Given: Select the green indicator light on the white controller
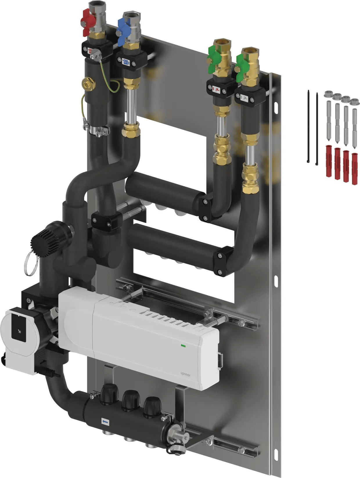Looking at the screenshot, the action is click(x=183, y=346).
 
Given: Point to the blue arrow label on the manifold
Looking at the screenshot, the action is click(x=105, y=422).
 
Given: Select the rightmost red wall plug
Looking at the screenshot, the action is click(x=354, y=169).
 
